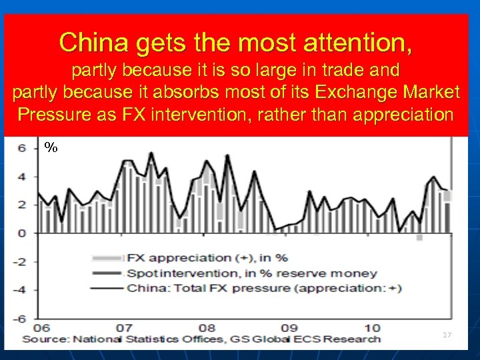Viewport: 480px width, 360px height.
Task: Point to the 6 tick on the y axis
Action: [22, 148]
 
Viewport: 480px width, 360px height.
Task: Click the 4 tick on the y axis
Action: [22, 177]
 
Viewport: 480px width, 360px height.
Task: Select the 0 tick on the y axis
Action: [22, 233]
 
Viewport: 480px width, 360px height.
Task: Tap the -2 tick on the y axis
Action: [20, 261]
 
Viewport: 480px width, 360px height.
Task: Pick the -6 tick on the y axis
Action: [20, 317]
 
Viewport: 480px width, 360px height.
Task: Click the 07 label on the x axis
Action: [123, 327]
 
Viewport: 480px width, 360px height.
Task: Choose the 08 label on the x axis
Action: [207, 327]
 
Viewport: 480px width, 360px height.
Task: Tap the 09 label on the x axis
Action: [289, 327]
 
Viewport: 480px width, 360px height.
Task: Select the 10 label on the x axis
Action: [372, 327]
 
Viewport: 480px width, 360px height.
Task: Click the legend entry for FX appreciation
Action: [207, 257]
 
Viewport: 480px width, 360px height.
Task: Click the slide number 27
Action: [446, 335]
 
